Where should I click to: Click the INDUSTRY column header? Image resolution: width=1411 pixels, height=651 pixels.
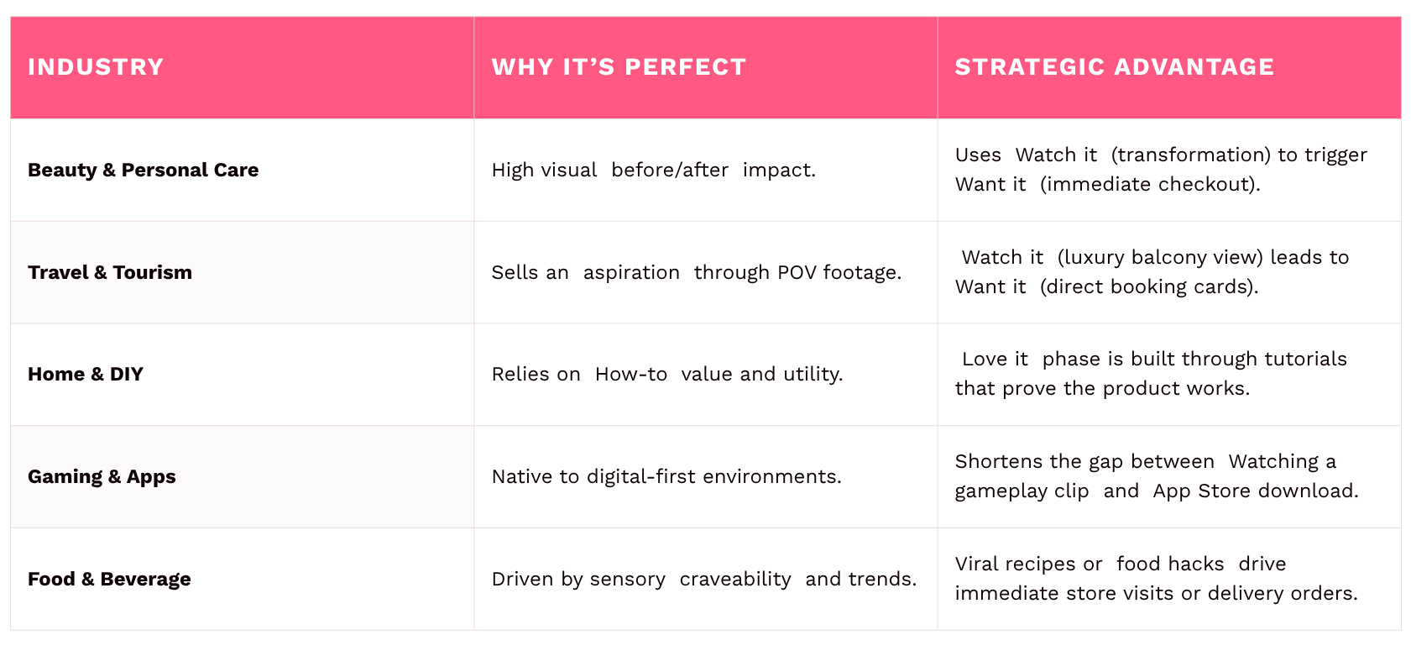96,67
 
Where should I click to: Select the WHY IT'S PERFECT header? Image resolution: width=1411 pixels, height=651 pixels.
619,67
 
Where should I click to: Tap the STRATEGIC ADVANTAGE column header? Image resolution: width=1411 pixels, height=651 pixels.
1115,67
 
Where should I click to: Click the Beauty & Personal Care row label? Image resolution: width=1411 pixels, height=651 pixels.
143,170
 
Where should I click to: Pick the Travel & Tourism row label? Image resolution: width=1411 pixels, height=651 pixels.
110,272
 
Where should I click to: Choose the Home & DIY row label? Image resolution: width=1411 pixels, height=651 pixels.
86,375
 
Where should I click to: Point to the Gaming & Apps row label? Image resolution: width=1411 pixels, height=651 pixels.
102,476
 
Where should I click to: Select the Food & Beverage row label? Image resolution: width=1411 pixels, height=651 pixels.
109,579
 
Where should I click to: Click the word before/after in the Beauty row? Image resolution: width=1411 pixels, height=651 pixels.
670,171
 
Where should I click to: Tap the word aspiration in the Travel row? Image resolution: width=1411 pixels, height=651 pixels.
631,273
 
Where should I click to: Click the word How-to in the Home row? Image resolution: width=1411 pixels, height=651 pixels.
631,375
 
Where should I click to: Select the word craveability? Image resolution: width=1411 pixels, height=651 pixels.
735,579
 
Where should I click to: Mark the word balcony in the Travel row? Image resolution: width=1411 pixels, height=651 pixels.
1165,258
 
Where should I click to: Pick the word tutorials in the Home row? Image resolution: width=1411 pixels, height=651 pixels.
1305,360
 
